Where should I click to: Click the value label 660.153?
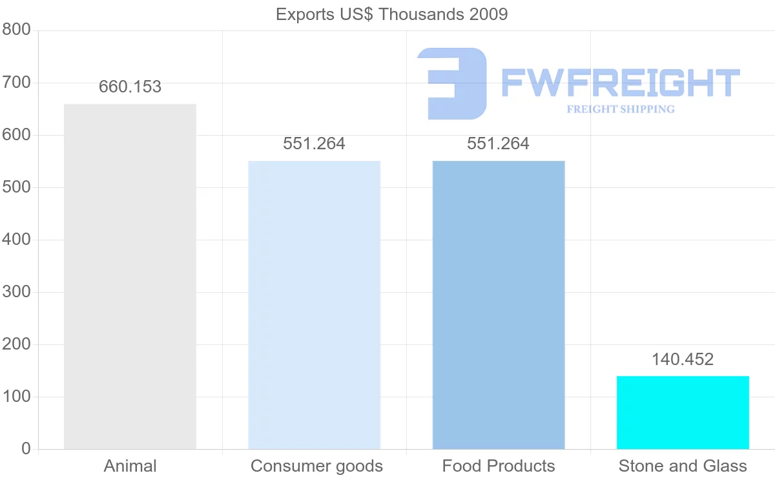(130, 87)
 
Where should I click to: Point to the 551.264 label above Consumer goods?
(314, 143)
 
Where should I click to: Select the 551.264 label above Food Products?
(498, 143)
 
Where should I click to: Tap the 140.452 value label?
(682, 359)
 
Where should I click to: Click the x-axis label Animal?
(130, 466)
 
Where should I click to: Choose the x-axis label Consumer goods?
(316, 466)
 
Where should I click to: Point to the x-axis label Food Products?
(499, 466)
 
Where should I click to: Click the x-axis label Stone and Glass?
(683, 466)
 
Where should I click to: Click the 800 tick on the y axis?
(17, 30)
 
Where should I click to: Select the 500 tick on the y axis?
(17, 187)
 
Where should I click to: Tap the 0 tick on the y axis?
(26, 448)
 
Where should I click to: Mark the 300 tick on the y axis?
(17, 292)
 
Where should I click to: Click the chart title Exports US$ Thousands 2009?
(392, 14)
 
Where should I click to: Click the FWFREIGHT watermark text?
(620, 83)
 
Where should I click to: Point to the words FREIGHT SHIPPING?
(620, 109)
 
